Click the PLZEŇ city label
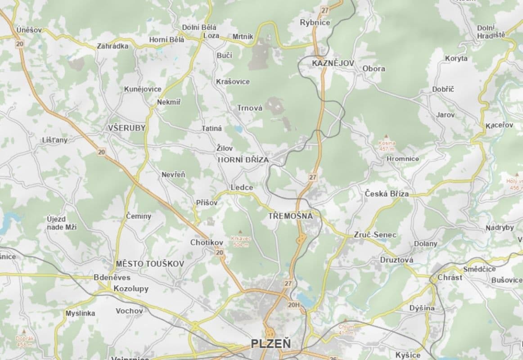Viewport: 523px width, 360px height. coord(271,344)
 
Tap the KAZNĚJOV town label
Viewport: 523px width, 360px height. coord(333,63)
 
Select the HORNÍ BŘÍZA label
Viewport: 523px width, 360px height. coord(243,160)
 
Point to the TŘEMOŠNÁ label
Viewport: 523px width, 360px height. coord(290,216)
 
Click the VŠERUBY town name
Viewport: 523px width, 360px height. coord(127,128)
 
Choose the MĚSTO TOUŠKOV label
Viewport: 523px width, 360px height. coord(149,263)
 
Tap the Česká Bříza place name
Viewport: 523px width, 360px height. coord(387,194)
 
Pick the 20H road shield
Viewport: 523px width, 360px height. coord(293,305)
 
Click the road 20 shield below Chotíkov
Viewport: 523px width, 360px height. coord(220,253)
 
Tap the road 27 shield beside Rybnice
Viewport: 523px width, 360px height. coord(325,10)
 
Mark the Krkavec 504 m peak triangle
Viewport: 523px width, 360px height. coord(245,231)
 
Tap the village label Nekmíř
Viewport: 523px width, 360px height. coord(169,102)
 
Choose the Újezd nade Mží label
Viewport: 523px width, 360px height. coord(62,223)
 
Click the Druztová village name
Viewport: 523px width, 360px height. coord(397,260)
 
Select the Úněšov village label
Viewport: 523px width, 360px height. coord(29,30)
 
